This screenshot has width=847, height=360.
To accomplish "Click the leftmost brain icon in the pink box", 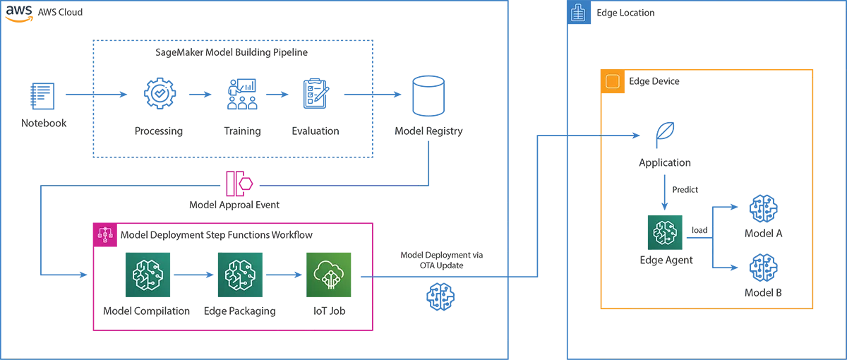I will click(x=148, y=274).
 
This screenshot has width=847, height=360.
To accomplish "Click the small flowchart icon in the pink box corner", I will click(x=105, y=234).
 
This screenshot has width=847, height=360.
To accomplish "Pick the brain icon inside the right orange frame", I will click(x=665, y=232).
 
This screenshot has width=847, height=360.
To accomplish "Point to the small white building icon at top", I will click(x=578, y=13).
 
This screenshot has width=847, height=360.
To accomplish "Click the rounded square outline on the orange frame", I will click(x=613, y=82).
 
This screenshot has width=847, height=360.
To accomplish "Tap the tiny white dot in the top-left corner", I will click(x=10, y=12).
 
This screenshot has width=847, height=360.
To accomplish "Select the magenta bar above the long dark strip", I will click(x=322, y=178).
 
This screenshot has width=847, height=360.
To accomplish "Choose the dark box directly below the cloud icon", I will click(x=342, y=318).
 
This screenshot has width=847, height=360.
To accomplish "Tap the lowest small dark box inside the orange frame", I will click(x=773, y=297).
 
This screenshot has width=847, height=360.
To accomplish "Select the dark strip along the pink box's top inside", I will click(x=247, y=241).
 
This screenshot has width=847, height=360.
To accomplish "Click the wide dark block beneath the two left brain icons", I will click(x=205, y=318).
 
